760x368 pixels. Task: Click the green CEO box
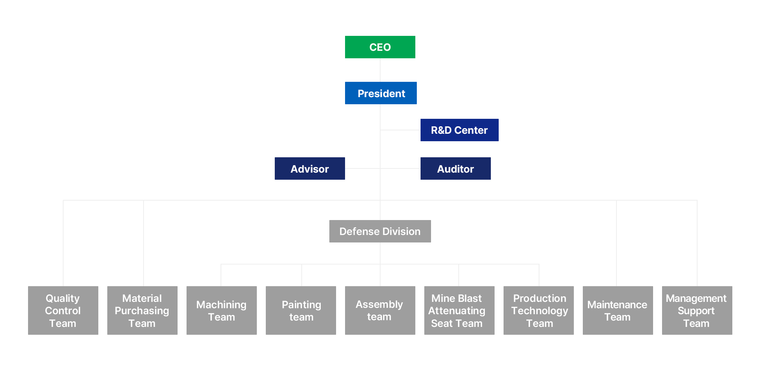(x=380, y=47)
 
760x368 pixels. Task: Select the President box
(x=381, y=93)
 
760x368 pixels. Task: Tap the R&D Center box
(x=459, y=130)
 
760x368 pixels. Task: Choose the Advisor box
(x=310, y=168)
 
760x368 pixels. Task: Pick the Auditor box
(x=455, y=168)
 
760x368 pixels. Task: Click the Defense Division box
(x=380, y=231)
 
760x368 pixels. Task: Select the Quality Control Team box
(x=63, y=310)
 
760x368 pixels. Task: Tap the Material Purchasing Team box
(x=142, y=310)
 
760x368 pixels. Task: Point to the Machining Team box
(x=221, y=310)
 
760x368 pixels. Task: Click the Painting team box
(x=301, y=310)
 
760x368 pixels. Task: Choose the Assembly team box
(x=380, y=310)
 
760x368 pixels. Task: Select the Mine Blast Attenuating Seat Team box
(x=459, y=310)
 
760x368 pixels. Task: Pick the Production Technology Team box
(x=538, y=310)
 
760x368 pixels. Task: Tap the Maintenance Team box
(x=618, y=310)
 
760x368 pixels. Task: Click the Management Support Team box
(x=697, y=310)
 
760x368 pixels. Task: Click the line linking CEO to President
(x=380, y=70)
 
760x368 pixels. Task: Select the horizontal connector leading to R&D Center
(x=400, y=130)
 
